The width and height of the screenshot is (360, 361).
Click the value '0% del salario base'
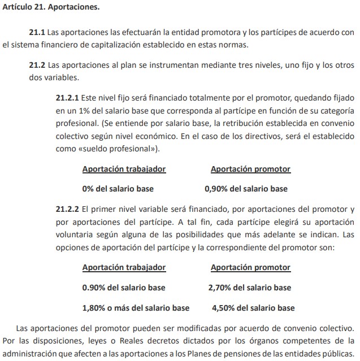click(x=118, y=189)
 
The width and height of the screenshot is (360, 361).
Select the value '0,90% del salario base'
click(x=246, y=189)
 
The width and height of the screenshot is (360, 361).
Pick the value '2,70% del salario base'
click(x=250, y=288)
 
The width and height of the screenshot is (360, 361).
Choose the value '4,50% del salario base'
click(x=253, y=308)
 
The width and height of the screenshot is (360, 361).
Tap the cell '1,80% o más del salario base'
click(x=136, y=308)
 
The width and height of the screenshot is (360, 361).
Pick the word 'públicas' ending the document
click(x=338, y=354)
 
